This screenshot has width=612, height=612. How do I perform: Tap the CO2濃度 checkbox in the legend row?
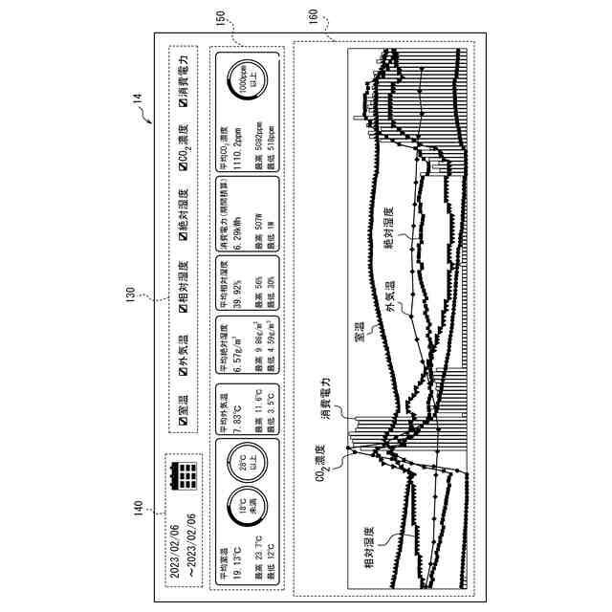point(180,172)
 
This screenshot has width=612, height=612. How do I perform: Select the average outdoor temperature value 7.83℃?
point(231,418)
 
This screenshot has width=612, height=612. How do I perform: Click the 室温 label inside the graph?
point(356,331)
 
